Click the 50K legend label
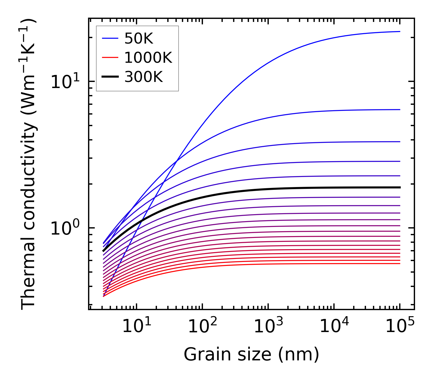(x=139, y=38)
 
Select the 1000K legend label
(x=148, y=58)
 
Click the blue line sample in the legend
(x=110, y=38)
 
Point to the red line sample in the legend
(x=110, y=58)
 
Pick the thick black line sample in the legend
(x=110, y=77)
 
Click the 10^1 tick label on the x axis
(x=137, y=327)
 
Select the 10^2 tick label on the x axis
(x=202, y=327)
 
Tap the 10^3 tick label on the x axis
(x=268, y=327)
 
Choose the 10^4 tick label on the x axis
(x=334, y=327)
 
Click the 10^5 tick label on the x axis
(x=400, y=327)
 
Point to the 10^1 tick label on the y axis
(x=65, y=82)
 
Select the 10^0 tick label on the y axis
(x=65, y=228)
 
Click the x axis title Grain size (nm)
(x=251, y=354)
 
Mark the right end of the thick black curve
(x=399, y=187)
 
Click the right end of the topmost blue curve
(x=399, y=31)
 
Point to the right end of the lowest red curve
(x=399, y=263)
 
